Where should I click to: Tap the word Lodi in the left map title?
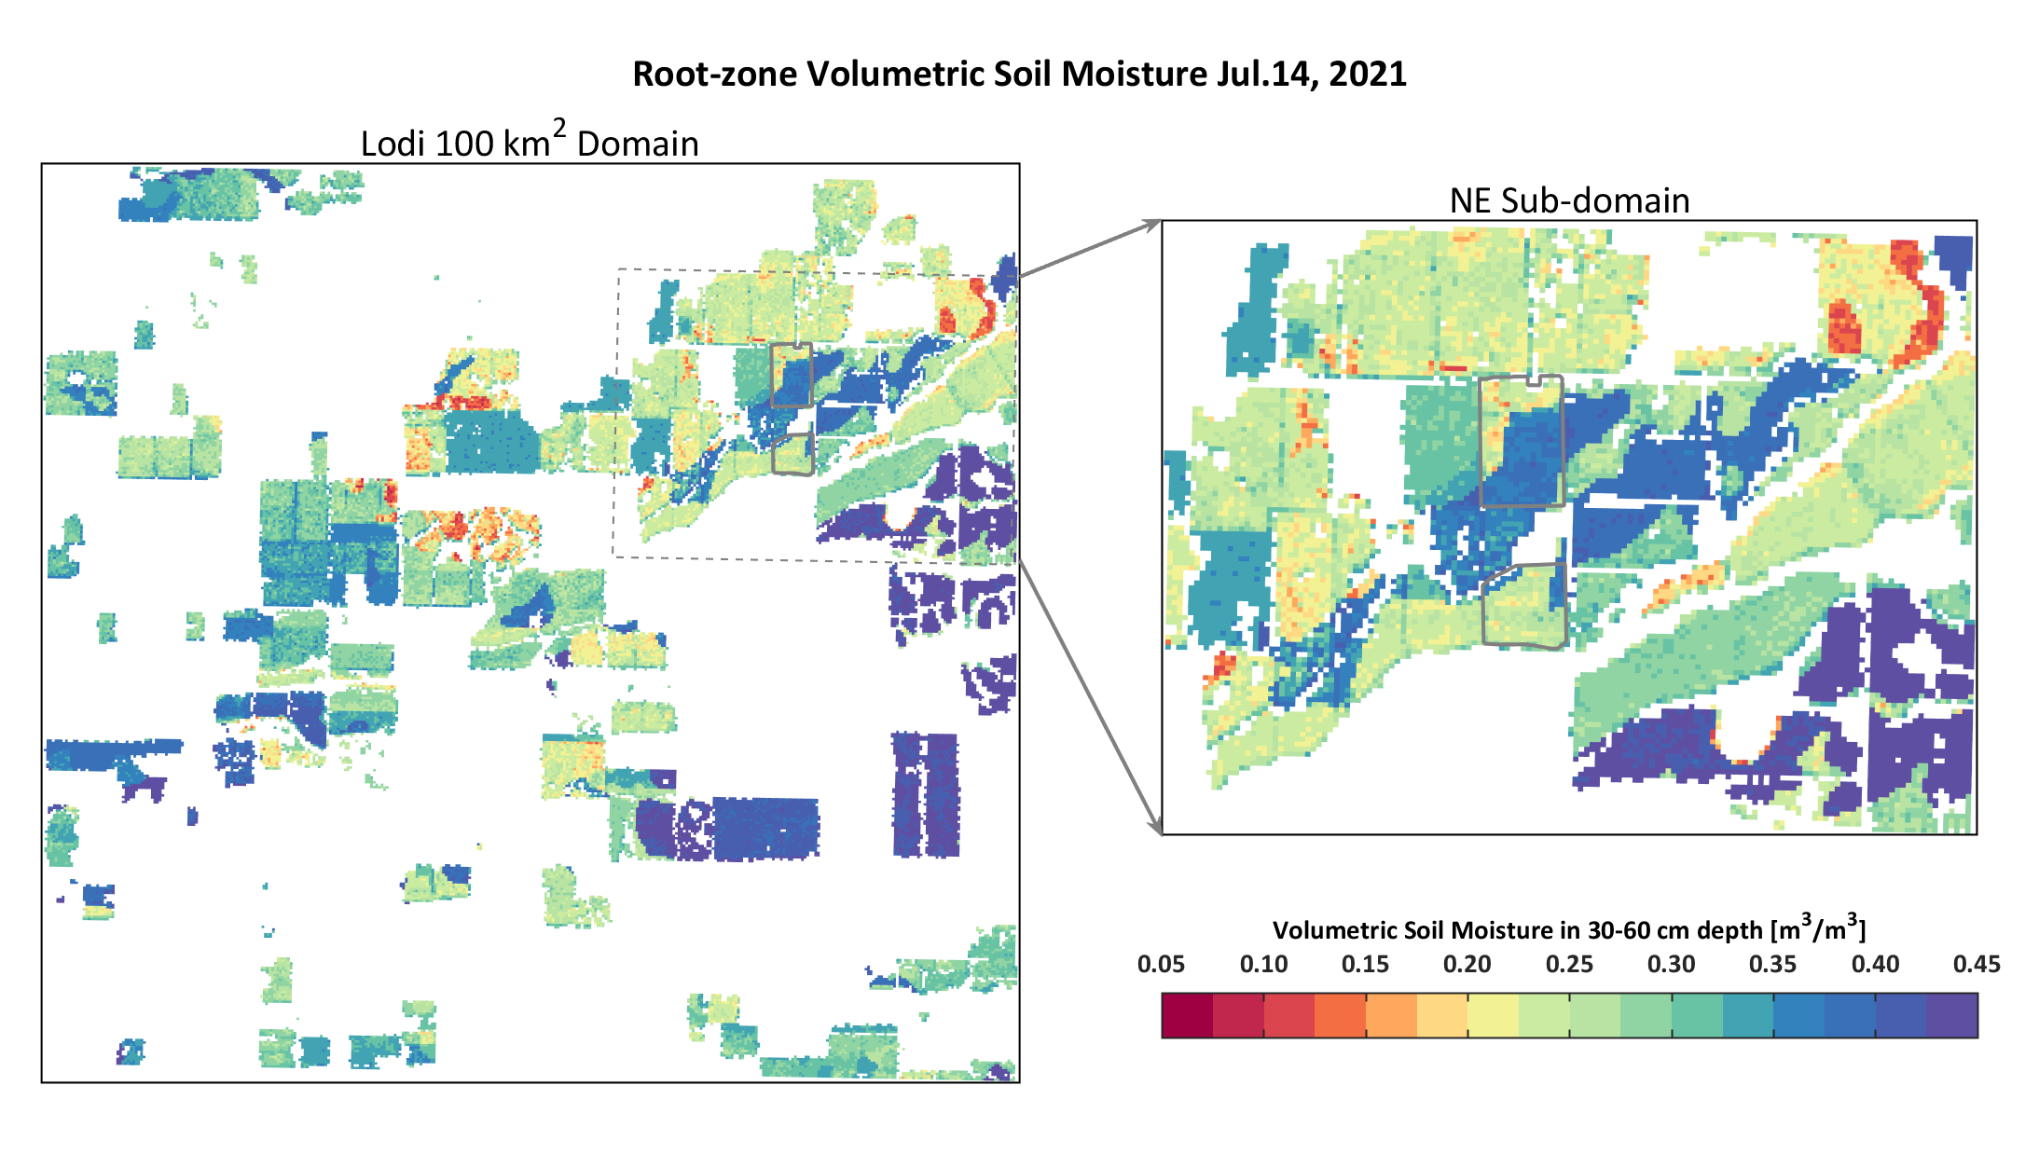[393, 144]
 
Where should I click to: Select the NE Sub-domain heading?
[1569, 201]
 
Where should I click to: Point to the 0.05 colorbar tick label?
[1161, 965]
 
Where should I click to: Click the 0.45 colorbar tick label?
[1977, 965]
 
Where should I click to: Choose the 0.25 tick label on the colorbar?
[1569, 965]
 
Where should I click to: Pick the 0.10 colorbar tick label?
[1263, 965]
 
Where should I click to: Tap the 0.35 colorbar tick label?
[1772, 965]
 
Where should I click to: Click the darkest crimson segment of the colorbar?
[1187, 1016]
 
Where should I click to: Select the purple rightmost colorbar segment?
[1951, 1016]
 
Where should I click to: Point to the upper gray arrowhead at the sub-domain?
[1154, 224]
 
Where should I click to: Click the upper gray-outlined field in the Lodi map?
[792, 375]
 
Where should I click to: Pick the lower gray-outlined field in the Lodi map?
[793, 455]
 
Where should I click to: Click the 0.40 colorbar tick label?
[1875, 965]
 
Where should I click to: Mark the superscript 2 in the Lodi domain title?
[559, 128]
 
